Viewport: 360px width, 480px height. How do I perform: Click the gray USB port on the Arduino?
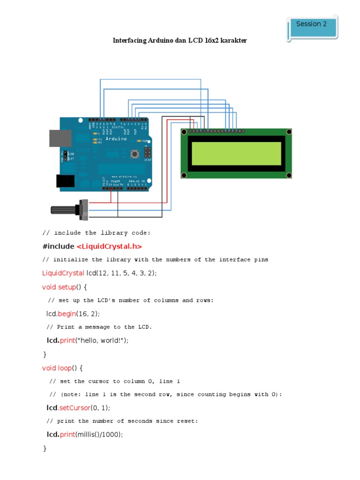60,138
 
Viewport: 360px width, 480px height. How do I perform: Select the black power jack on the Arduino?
65,181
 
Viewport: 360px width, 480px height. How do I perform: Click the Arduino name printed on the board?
115,139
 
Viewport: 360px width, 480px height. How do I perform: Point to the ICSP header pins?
147,153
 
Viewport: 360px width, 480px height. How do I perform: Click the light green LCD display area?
236,153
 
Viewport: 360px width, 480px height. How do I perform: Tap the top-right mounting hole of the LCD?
287,133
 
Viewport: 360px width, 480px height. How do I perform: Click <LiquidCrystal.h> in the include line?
109,246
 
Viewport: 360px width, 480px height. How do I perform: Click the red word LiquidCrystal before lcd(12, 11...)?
63,273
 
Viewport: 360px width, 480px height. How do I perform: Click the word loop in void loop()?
65,368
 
